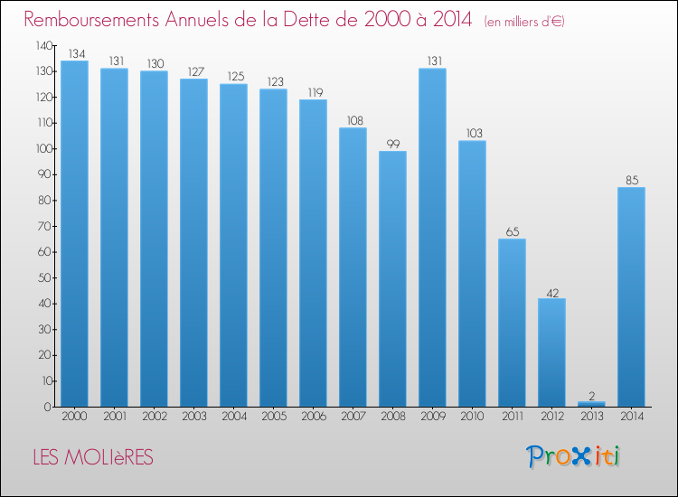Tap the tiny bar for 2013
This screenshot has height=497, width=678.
pos(591,404)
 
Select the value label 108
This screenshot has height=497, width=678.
pos(353,118)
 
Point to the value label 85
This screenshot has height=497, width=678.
pos(631,178)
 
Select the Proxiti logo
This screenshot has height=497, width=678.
pos(575,456)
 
